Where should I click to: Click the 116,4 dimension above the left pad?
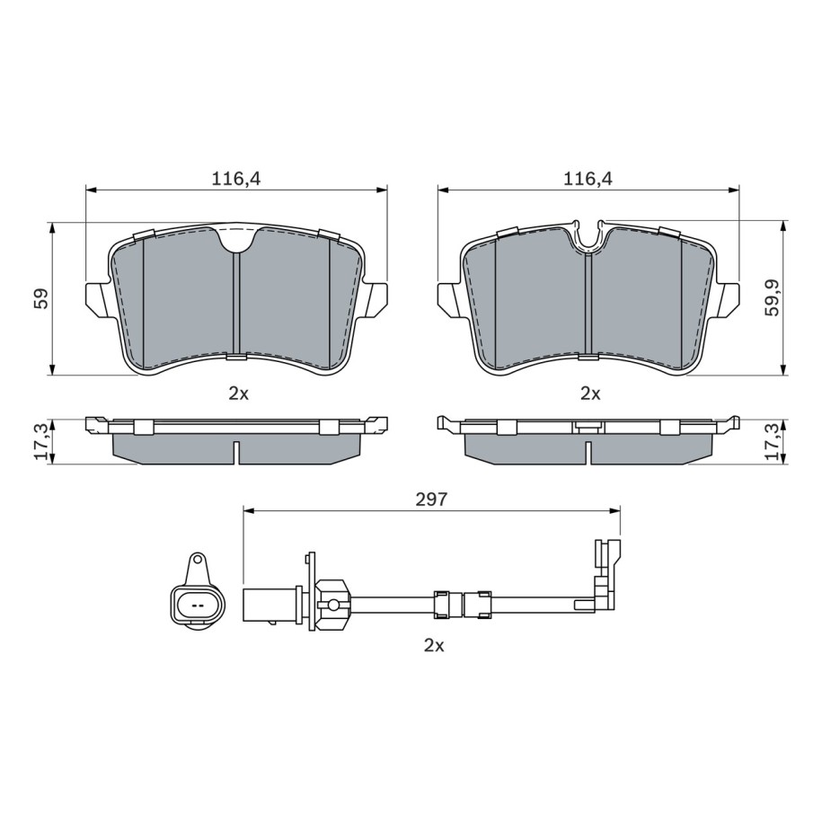tap(236, 180)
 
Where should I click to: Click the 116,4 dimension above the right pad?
tap(588, 180)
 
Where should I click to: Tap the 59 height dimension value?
tap(41, 297)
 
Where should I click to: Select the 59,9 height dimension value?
tap(773, 297)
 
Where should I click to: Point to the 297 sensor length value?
tap(431, 499)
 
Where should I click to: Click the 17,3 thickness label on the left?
tap(41, 441)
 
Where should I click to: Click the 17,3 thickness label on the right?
tap(773, 441)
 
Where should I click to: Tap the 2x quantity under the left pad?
tap(239, 393)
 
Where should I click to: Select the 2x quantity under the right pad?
tap(590, 393)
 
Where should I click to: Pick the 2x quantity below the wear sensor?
tap(434, 645)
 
